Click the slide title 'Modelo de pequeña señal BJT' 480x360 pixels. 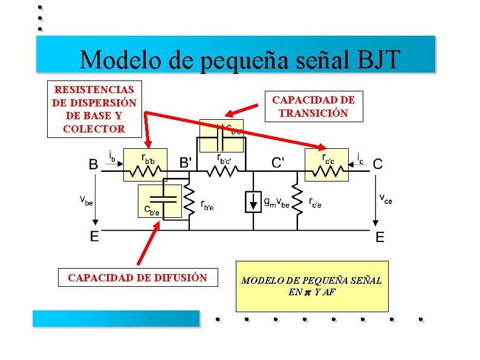[x=239, y=59]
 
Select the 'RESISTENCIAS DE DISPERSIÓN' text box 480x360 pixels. [x=94, y=109]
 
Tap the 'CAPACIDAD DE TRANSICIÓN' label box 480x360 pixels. [x=313, y=106]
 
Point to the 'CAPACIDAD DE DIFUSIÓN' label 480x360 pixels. [x=137, y=278]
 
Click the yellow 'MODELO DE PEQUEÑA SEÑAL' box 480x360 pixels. [x=311, y=286]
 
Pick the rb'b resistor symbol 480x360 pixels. [x=144, y=172]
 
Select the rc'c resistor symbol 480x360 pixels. [x=326, y=172]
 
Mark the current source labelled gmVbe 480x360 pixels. [x=252, y=201]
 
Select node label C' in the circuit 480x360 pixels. [x=278, y=162]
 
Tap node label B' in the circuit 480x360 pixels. [x=187, y=162]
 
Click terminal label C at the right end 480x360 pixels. [x=377, y=163]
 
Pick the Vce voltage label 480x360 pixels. [x=385, y=198]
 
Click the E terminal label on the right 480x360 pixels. [x=379, y=237]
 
